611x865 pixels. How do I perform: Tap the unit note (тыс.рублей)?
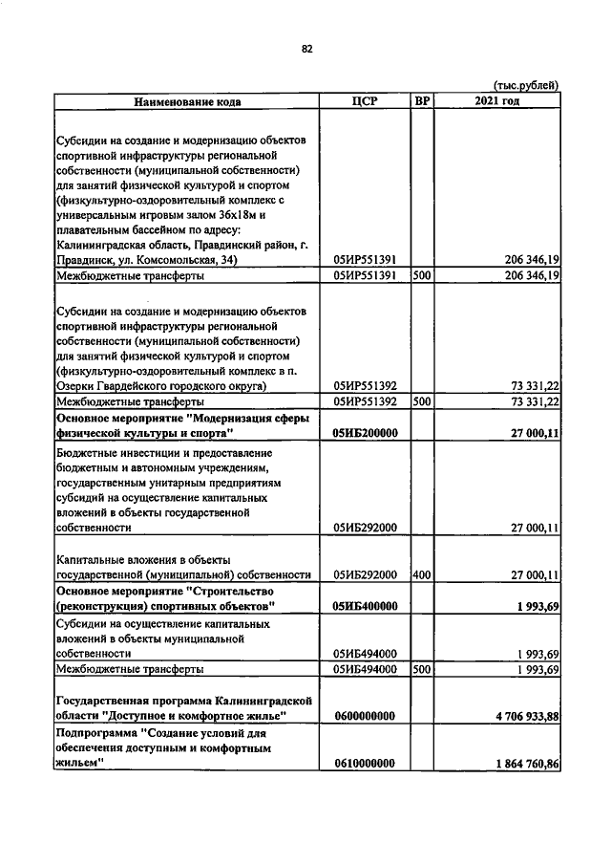[x=526, y=85]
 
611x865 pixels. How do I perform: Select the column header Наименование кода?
[x=187, y=100]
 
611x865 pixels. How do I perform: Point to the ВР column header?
[x=421, y=100]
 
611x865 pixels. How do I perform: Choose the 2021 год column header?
[x=495, y=100]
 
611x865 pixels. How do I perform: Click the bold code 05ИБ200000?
[x=366, y=433]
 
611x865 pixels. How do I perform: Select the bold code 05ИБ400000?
[x=366, y=607]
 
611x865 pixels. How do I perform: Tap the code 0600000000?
[x=366, y=716]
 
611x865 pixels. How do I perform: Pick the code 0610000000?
[x=366, y=764]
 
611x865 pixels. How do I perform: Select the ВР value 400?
[x=421, y=574]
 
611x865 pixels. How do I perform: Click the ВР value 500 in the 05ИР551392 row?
[x=421, y=402]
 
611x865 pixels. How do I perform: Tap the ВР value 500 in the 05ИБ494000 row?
[x=421, y=670]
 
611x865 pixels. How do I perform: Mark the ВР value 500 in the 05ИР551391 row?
[x=421, y=275]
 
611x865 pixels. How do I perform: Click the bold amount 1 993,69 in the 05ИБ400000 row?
[x=535, y=607]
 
